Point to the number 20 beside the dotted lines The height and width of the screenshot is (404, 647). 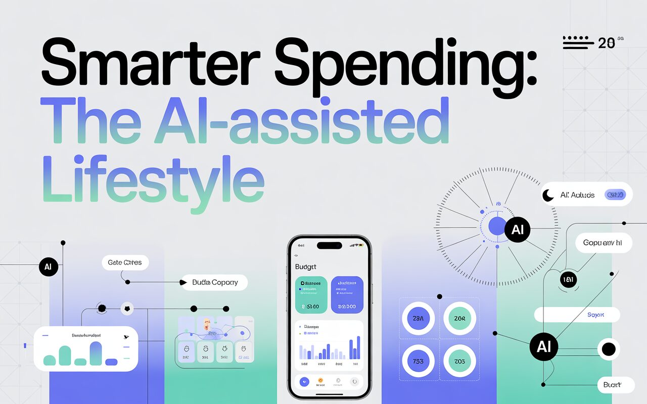point(607,43)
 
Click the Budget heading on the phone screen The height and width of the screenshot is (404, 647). point(305,266)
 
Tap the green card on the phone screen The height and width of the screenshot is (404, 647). point(310,294)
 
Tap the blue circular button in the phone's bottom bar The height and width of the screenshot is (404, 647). point(304,382)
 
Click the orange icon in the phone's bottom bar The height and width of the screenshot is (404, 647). point(320,381)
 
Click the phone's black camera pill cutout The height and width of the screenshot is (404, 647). point(329,245)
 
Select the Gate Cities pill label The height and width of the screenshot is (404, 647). point(125,263)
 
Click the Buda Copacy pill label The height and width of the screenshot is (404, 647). point(215,283)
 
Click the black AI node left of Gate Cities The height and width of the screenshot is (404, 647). point(48,267)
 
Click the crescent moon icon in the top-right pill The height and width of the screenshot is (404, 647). point(548,195)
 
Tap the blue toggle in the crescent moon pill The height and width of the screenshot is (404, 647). point(615,194)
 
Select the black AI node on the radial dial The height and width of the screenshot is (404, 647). point(517,230)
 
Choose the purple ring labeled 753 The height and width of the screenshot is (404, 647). point(418,362)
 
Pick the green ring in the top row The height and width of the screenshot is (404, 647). point(459,319)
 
